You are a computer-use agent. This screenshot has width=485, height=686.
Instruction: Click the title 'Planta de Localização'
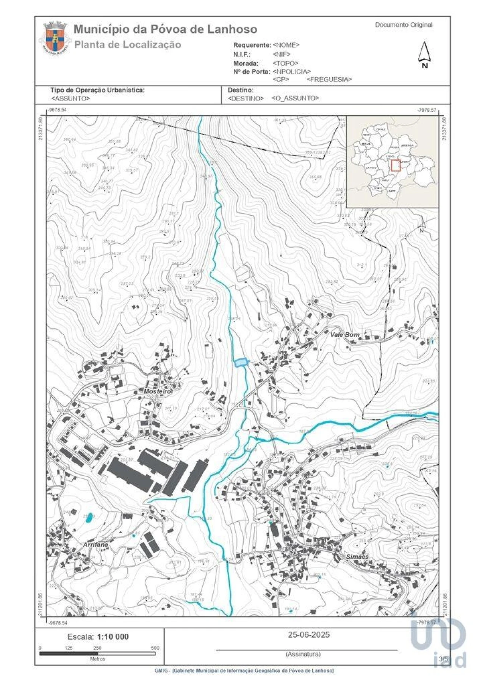[x=127, y=45]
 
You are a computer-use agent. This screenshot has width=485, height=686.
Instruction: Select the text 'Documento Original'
[x=404, y=25]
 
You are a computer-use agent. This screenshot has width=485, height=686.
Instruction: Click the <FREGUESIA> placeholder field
[x=329, y=79]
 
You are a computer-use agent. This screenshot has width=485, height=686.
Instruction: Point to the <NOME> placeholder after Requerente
[x=286, y=45]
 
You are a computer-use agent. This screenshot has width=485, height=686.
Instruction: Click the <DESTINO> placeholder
[x=246, y=98]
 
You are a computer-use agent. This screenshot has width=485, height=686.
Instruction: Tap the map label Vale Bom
[x=344, y=335]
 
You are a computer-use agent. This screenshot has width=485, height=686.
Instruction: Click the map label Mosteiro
[x=157, y=391]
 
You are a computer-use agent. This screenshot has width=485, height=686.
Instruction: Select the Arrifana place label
[x=95, y=544]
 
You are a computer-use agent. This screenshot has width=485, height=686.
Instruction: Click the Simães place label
[x=357, y=556]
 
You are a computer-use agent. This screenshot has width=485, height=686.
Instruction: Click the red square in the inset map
[x=396, y=166]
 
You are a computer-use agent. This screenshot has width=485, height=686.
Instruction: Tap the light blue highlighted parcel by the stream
[x=241, y=362]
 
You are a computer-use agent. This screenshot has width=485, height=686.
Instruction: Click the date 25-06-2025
[x=308, y=634]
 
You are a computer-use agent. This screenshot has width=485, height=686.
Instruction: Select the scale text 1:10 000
[x=113, y=637]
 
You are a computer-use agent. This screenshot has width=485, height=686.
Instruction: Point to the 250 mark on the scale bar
[x=97, y=648]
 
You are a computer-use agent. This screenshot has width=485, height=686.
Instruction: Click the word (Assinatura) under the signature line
[x=303, y=654]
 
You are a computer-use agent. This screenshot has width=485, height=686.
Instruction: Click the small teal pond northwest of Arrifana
[x=89, y=518]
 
